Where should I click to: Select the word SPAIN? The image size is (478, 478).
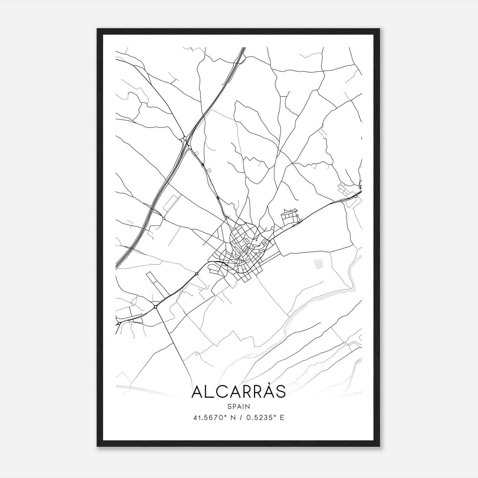coord(238,407)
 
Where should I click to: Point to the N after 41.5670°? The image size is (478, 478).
coord(232,418)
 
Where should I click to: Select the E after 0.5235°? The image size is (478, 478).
coord(282,418)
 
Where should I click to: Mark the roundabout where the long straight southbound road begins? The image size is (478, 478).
coord(155,307)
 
